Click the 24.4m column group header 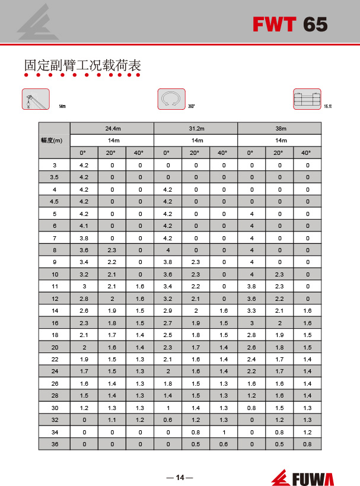tap(112, 128)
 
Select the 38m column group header tap(279, 128)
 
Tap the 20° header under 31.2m tap(195, 153)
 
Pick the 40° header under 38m tap(307, 153)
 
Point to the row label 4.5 tap(55, 201)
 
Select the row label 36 tap(55, 443)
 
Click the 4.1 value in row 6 tap(84, 225)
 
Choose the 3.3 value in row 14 tap(251, 310)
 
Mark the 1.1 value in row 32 tap(111, 419)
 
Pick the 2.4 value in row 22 tap(251, 358)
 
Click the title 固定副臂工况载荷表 tap(82, 65)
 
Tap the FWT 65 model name tap(289, 24)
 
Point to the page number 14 tap(180, 477)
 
